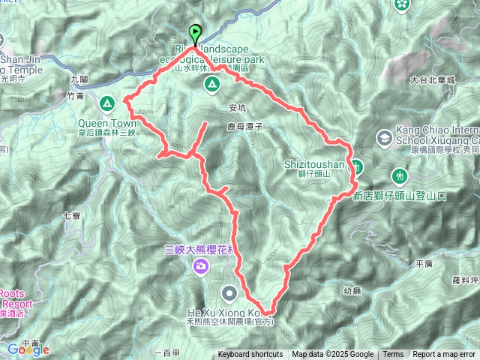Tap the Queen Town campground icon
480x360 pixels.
(x=107, y=102)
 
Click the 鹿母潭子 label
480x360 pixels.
(x=243, y=128)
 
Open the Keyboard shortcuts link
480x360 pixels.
(x=250, y=355)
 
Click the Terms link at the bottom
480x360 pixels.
(x=393, y=355)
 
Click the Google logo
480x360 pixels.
(x=28, y=349)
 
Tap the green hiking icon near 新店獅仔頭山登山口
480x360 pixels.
(x=400, y=175)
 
